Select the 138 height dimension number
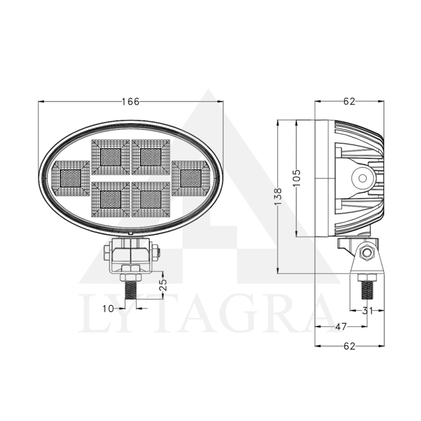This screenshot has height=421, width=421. pos(279,196)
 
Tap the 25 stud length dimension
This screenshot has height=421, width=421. pos(163,285)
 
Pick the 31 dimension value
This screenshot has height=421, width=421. pos(368,311)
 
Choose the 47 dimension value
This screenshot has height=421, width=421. pos(340,327)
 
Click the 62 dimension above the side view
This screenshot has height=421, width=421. pos(349,102)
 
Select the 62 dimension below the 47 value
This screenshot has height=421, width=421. pos(349,346)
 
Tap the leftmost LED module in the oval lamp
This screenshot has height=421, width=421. pos(71,179)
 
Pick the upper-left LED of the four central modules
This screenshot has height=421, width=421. pos(111,157)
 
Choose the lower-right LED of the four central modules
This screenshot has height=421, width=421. pos(151,199)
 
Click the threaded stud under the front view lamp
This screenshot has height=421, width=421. pos(130,293)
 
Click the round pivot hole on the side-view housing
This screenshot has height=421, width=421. pos(363,178)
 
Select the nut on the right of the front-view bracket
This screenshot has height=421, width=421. pos(156,253)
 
